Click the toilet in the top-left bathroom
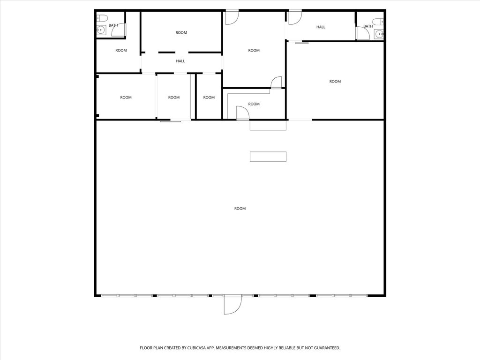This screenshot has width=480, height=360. (102, 18)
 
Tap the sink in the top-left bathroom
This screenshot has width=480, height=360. (101, 30)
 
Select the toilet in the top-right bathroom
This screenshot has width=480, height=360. (379, 22)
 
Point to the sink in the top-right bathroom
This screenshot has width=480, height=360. (380, 34)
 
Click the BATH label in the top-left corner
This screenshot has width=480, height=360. (113, 25)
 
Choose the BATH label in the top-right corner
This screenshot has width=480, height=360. (368, 26)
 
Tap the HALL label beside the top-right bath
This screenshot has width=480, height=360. (321, 27)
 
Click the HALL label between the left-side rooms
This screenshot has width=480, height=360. (180, 61)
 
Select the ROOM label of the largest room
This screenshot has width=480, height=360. (240, 209)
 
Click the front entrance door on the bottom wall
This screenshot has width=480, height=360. (232, 305)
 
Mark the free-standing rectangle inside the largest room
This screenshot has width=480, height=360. (268, 157)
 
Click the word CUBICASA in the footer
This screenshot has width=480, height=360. (198, 348)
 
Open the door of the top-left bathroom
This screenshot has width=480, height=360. (119, 30)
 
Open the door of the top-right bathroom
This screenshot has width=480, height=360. (363, 33)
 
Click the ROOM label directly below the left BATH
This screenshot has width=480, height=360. (121, 50)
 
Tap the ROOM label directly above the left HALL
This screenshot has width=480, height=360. (181, 32)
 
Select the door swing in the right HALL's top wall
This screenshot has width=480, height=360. (295, 17)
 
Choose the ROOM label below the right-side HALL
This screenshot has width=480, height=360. (335, 82)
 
